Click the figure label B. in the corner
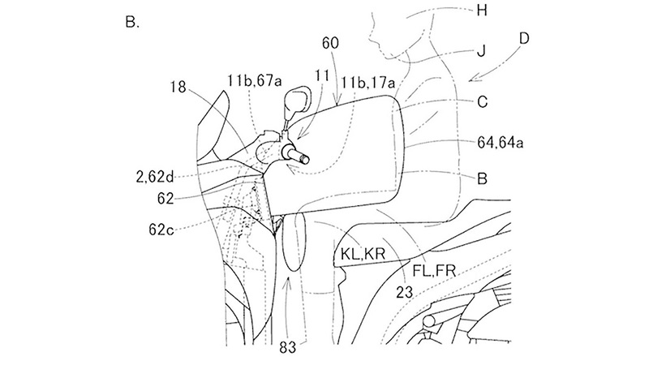(x=132, y=22)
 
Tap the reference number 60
(x=330, y=43)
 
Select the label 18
(x=178, y=88)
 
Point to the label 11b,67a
(x=255, y=79)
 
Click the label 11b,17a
(x=368, y=84)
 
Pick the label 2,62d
(x=155, y=177)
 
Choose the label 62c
(x=161, y=229)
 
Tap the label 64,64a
(x=500, y=143)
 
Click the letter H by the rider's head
(x=481, y=11)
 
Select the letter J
(x=481, y=52)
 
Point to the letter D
(x=523, y=38)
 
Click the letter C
(x=482, y=102)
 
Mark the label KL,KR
(x=363, y=254)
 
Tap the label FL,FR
(x=434, y=271)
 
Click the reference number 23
(x=404, y=292)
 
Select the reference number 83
(x=288, y=348)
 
